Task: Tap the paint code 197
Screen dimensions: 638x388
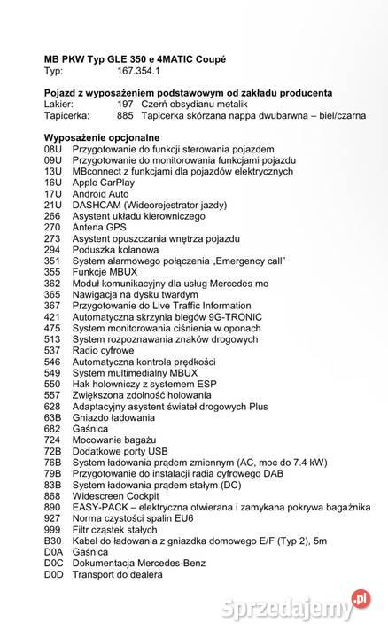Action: (124, 104)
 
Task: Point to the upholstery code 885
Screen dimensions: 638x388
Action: (124, 115)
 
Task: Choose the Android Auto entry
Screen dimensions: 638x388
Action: (100, 193)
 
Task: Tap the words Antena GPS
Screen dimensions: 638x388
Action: (99, 227)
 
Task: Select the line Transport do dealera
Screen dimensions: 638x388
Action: (118, 573)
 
